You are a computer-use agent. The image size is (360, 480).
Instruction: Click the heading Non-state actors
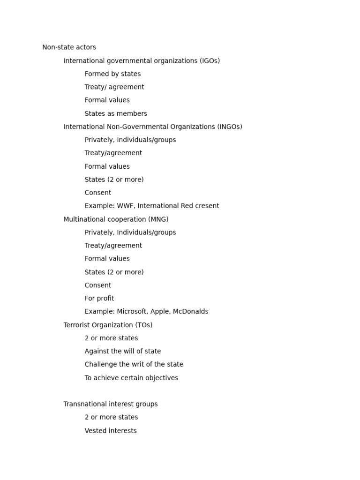click(69, 47)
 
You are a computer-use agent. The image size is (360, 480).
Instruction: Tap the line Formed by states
click(112, 74)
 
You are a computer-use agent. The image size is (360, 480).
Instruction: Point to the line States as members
click(116, 113)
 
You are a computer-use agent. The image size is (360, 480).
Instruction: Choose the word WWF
click(124, 206)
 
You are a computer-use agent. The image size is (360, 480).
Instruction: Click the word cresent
click(206, 206)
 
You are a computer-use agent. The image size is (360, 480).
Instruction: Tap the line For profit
click(99, 299)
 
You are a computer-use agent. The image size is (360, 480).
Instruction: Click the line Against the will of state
click(123, 351)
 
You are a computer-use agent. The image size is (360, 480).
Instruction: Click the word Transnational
click(85, 404)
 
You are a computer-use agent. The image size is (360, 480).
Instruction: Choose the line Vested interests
click(111, 431)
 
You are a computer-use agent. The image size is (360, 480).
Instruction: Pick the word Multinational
click(84, 219)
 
